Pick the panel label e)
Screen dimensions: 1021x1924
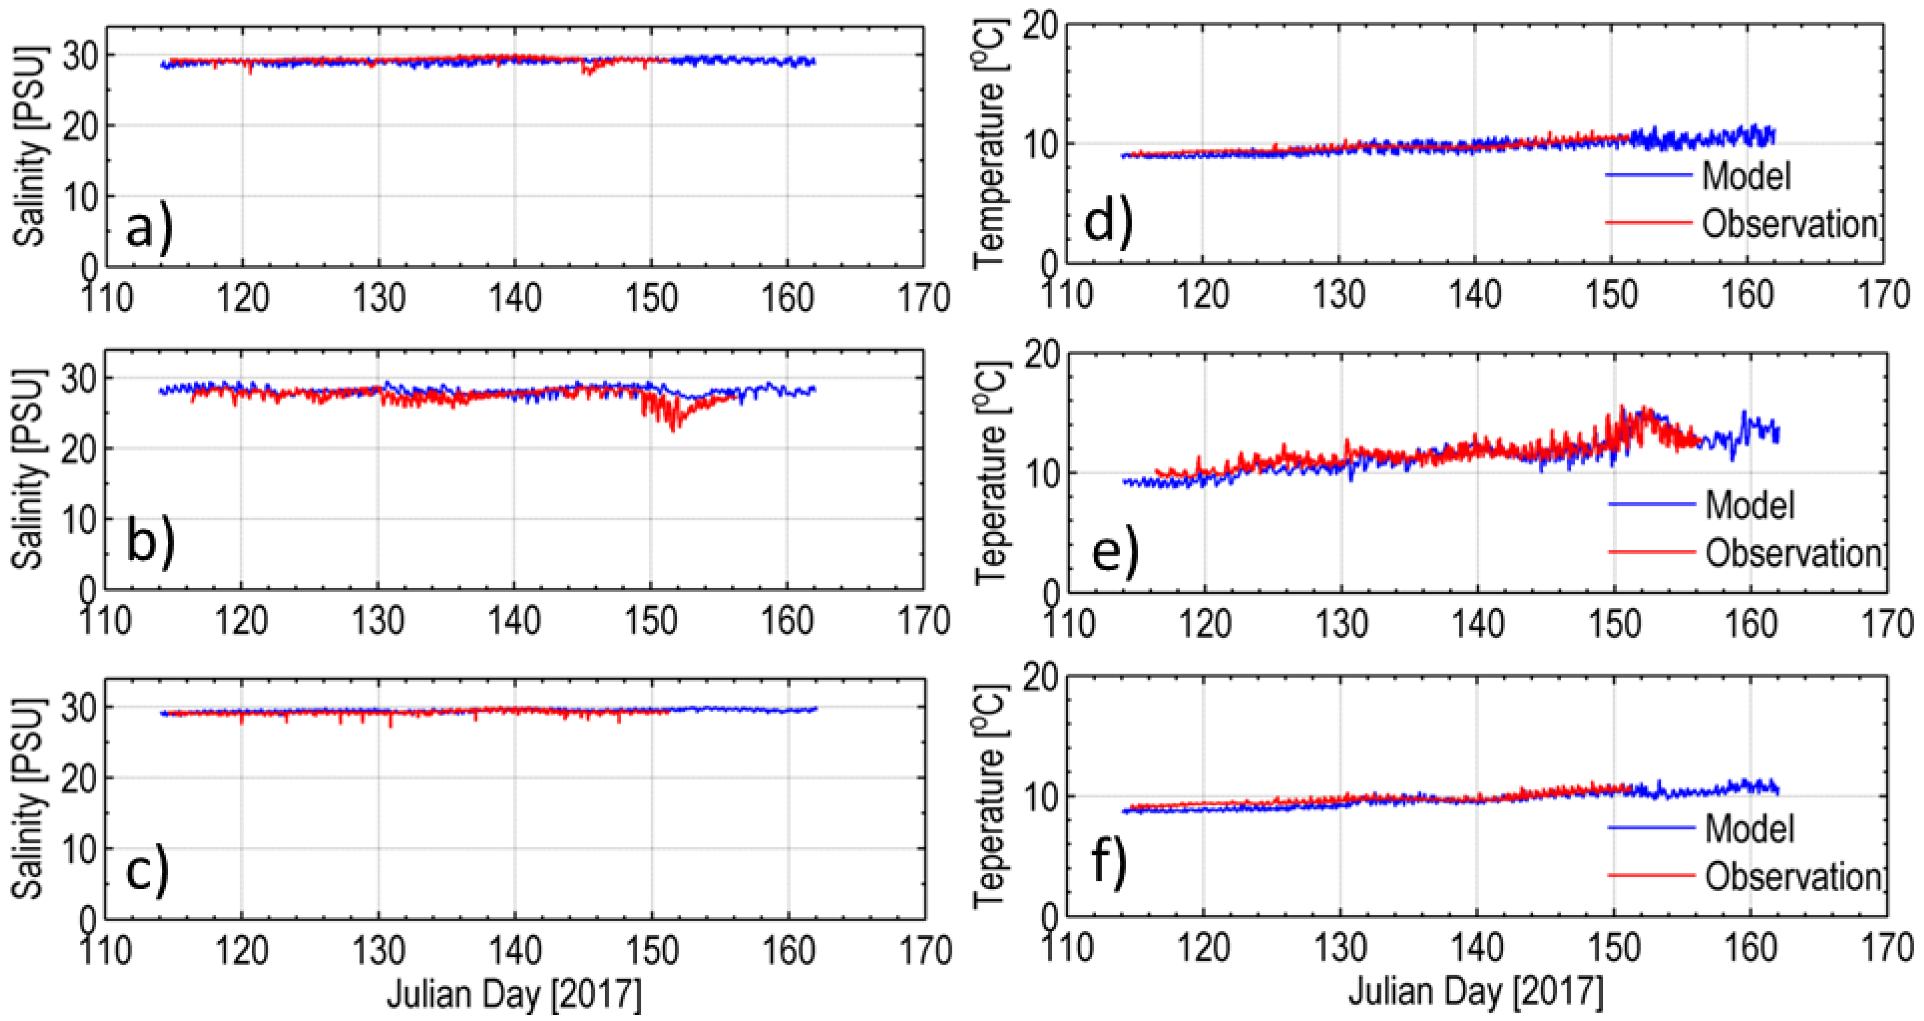(1115, 552)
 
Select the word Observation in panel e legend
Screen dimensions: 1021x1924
(1793, 553)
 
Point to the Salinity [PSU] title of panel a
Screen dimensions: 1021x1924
(30, 146)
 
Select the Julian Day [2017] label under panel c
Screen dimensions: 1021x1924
(514, 994)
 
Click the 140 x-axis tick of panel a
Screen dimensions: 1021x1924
(515, 298)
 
